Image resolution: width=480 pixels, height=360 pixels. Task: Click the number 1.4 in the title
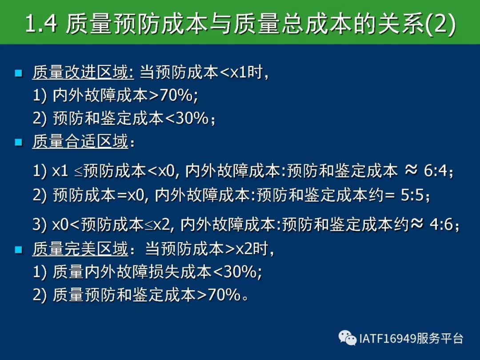click(41, 24)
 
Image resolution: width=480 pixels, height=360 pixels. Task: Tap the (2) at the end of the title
click(440, 24)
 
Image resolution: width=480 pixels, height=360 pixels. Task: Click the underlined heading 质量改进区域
click(83, 72)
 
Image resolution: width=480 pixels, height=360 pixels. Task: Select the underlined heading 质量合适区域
click(80, 141)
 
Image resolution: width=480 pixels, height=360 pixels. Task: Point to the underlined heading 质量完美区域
click(80, 248)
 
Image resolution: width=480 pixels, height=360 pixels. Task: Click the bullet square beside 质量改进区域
click(19, 73)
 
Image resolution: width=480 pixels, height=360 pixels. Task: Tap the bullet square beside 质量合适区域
click(19, 142)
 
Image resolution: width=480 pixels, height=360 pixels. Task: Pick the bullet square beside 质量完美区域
click(19, 249)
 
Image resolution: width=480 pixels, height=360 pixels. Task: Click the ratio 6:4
click(435, 170)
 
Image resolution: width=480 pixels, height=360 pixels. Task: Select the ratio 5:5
click(412, 195)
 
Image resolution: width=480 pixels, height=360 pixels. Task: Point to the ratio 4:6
click(441, 224)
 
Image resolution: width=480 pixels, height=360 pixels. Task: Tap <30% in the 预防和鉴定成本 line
click(187, 118)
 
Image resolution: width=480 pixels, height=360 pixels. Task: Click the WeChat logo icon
click(348, 338)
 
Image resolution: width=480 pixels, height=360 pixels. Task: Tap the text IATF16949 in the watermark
click(388, 339)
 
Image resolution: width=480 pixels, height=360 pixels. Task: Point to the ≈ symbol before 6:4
click(411, 169)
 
